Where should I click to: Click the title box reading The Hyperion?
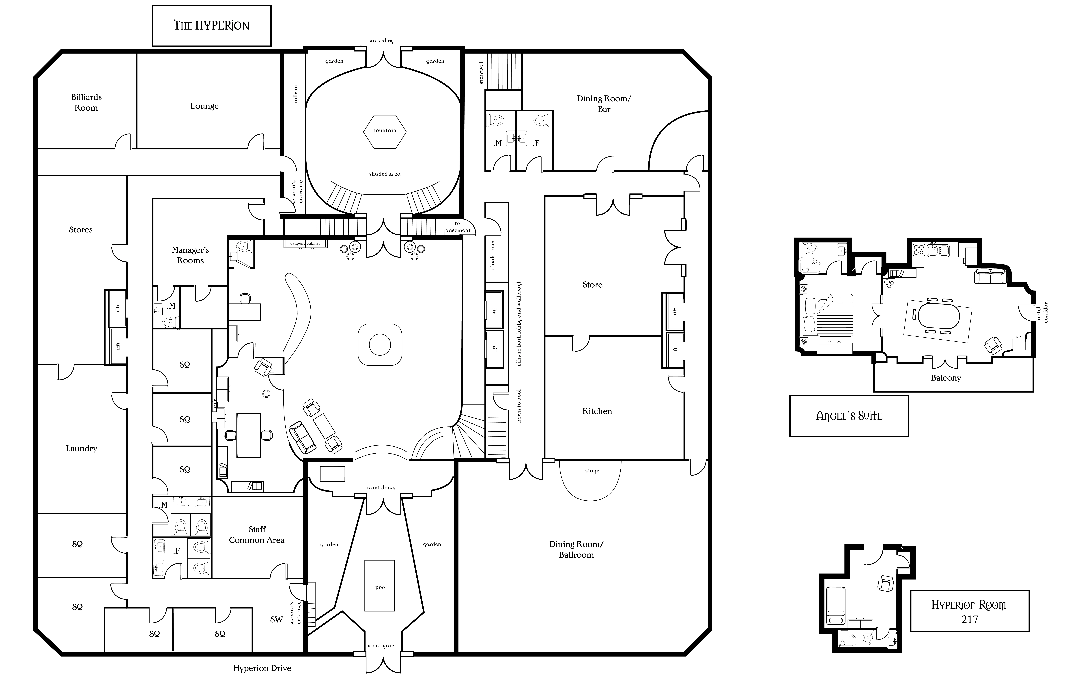click(211, 25)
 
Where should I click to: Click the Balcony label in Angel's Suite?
click(945, 378)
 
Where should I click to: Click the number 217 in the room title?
click(970, 619)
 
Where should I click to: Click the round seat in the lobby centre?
click(380, 344)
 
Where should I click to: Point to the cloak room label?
click(493, 255)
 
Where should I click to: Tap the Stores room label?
click(81, 230)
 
